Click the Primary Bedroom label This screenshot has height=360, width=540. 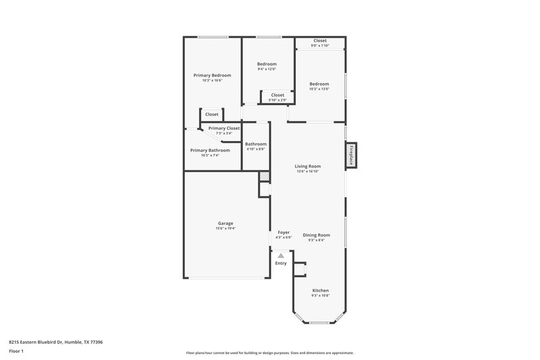pyautogui.click(x=212, y=75)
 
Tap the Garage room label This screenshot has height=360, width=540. pyautogui.click(x=225, y=223)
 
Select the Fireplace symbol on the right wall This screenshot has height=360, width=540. pyautogui.click(x=352, y=155)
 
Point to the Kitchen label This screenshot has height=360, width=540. pyautogui.click(x=320, y=290)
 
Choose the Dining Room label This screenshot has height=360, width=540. pyautogui.click(x=316, y=234)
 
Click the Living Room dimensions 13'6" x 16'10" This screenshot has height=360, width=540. pyautogui.click(x=307, y=172)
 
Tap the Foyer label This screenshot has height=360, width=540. pyautogui.click(x=283, y=232)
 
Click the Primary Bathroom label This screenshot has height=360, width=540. pyautogui.click(x=210, y=150)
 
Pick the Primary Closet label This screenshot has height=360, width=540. pyautogui.click(x=223, y=128)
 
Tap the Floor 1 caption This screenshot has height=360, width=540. pyautogui.click(x=16, y=352)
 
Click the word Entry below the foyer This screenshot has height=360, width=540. pyautogui.click(x=281, y=263)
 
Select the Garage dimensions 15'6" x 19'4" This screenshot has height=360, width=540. pyautogui.click(x=225, y=228)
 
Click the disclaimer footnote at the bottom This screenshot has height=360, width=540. pyautogui.click(x=269, y=353)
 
